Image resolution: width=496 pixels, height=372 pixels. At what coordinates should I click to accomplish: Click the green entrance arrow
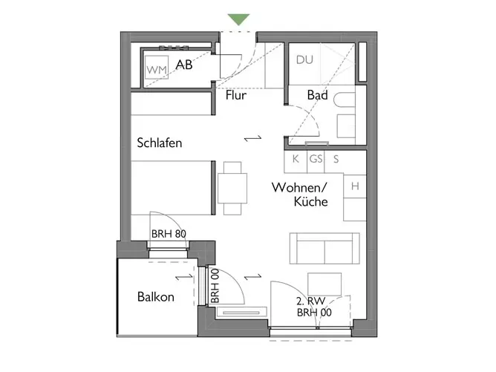(x=239, y=19)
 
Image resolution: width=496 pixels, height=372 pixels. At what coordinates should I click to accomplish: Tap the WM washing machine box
(x=157, y=68)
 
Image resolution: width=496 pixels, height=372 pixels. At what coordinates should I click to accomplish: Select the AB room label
(x=184, y=65)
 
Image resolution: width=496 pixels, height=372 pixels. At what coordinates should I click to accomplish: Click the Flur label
(x=235, y=95)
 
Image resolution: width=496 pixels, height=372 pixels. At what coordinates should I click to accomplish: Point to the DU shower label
(x=304, y=60)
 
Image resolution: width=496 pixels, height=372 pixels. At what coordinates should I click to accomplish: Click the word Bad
(x=317, y=95)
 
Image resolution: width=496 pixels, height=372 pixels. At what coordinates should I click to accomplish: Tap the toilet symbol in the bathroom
(x=345, y=99)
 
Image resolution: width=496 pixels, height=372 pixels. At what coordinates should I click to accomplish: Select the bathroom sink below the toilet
(x=346, y=126)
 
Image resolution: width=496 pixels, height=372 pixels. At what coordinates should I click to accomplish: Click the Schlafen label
(x=160, y=143)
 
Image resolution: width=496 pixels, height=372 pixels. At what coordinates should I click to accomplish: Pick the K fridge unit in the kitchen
(x=296, y=162)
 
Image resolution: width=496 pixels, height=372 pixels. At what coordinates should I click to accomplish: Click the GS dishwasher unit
(x=316, y=162)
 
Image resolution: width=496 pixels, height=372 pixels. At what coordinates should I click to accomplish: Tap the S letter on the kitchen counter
(x=336, y=159)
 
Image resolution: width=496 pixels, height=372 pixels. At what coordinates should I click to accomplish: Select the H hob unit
(x=355, y=186)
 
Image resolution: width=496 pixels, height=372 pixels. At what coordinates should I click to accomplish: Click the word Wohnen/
(x=299, y=188)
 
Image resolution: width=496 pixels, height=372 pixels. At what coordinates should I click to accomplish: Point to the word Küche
(x=310, y=201)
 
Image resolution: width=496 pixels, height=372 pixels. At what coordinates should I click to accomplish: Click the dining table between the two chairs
(x=232, y=188)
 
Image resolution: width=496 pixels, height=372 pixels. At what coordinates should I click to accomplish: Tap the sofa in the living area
(x=324, y=248)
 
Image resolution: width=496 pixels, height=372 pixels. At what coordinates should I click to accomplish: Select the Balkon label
(x=156, y=297)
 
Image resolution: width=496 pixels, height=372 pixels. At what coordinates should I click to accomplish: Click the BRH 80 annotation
(x=169, y=234)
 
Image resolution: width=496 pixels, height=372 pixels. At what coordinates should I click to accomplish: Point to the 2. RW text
(x=310, y=301)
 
